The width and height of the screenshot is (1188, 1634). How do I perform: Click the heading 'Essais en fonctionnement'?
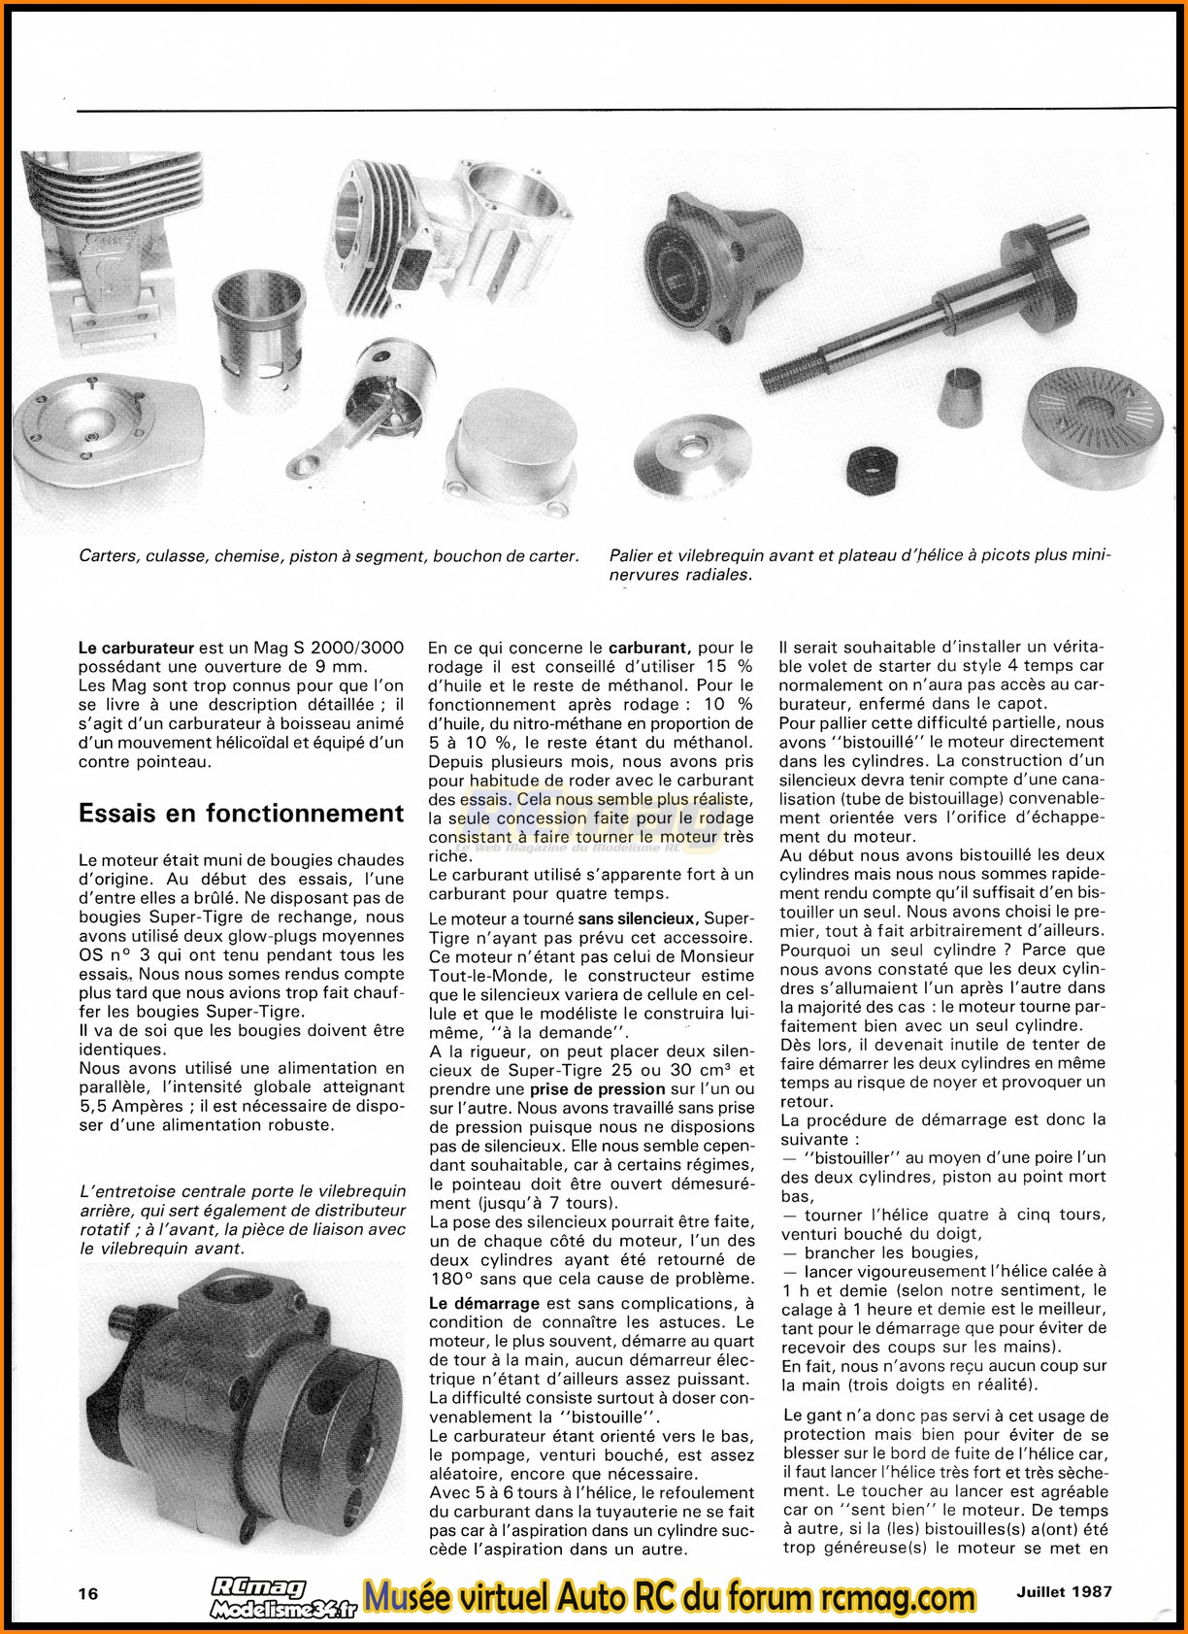241,813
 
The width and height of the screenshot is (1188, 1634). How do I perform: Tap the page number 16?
89,1593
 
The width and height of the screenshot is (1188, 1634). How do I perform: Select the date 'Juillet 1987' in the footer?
1064,1591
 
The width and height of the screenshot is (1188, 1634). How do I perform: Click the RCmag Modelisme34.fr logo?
281,1597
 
